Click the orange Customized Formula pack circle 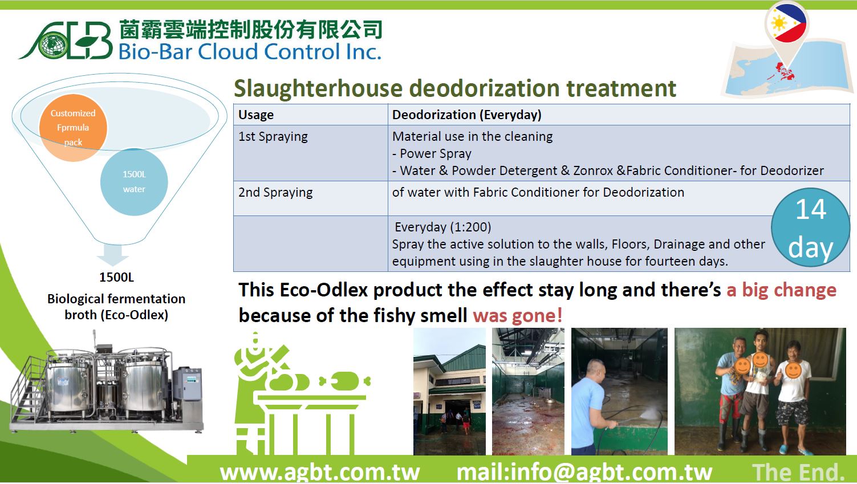[73, 128]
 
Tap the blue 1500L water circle [134, 182]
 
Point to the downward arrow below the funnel [113, 255]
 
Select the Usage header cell [311, 115]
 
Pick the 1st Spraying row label [273, 137]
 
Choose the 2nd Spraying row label [275, 193]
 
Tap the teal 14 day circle [810, 227]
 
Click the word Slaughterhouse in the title [318, 88]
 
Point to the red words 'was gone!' [518, 315]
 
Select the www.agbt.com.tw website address [320, 472]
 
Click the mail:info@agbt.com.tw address [584, 472]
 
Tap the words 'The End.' [798, 472]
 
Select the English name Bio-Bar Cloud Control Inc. [250, 52]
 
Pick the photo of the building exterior [449, 392]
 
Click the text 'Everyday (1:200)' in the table [443, 227]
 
